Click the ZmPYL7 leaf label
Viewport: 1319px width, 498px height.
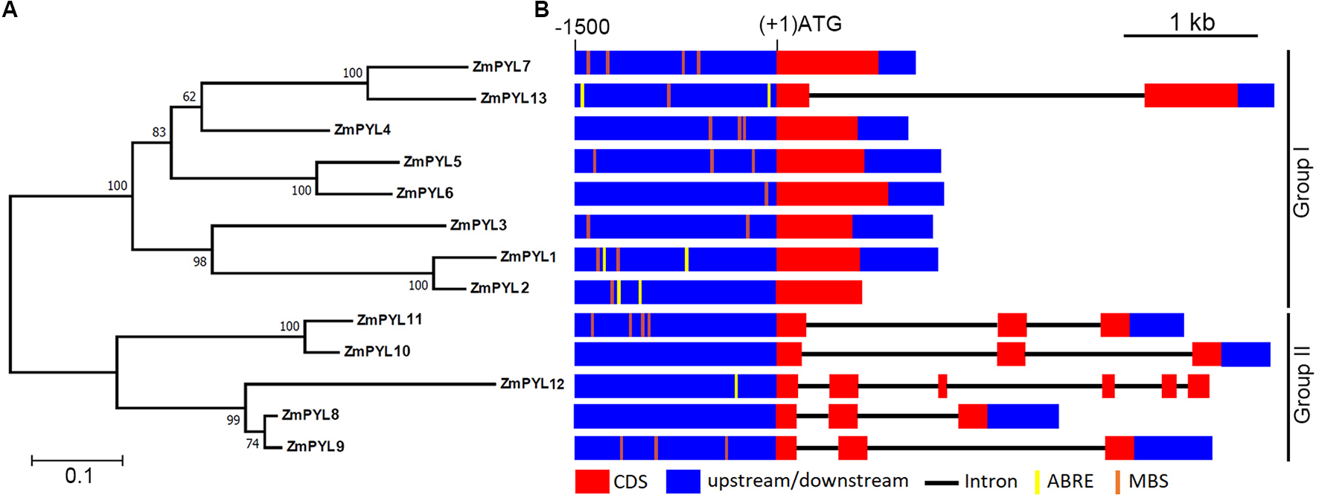point(501,66)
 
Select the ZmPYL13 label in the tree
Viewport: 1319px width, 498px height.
point(513,98)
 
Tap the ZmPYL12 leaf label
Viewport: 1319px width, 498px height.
point(532,383)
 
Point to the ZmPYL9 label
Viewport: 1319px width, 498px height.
point(315,446)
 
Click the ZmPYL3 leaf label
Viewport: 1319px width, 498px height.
point(478,225)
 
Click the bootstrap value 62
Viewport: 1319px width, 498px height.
point(189,97)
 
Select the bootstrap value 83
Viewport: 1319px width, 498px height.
point(159,133)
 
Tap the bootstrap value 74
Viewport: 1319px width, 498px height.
point(252,444)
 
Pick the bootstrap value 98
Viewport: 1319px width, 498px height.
point(199,262)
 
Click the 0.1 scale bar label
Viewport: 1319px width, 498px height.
point(79,476)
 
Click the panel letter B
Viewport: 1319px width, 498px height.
point(541,10)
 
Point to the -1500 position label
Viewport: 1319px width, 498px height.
point(582,28)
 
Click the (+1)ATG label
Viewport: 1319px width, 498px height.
point(800,25)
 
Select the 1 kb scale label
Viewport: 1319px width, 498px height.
point(1192,22)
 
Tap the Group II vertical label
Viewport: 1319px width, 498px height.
point(1301,383)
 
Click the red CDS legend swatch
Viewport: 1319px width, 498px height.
point(592,482)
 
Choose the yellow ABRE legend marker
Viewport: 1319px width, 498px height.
point(1037,482)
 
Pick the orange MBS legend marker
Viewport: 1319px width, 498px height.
point(1117,482)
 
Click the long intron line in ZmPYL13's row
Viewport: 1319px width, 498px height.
point(975,95)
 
